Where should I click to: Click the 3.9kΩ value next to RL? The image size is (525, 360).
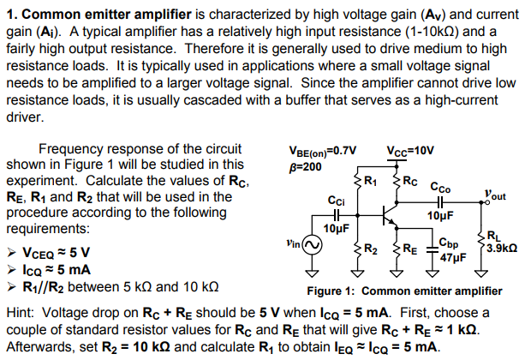pyautogui.click(x=500, y=247)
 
